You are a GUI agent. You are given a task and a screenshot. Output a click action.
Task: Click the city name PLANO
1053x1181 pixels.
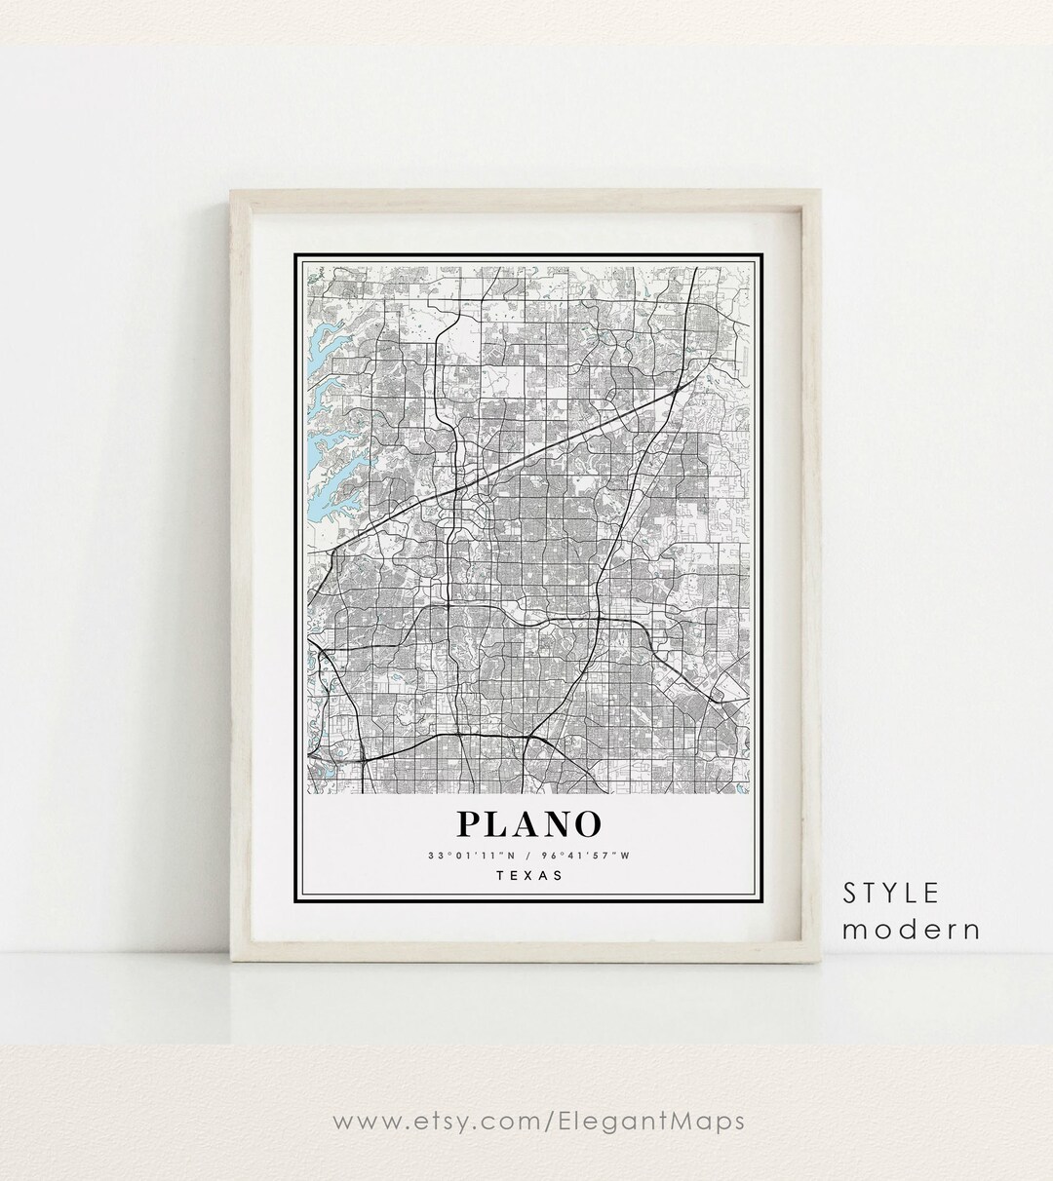pyautogui.click(x=527, y=823)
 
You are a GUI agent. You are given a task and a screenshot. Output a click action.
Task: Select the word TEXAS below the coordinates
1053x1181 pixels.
pyautogui.click(x=528, y=874)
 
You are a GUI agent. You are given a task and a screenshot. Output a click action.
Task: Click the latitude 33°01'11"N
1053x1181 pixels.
pyautogui.click(x=471, y=856)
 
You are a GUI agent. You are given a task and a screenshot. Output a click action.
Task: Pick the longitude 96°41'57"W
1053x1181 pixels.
pyautogui.click(x=585, y=856)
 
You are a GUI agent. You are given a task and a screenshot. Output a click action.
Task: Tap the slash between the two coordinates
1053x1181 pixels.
pyautogui.click(x=527, y=856)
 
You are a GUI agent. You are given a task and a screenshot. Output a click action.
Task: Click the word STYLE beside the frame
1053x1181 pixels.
pyautogui.click(x=892, y=892)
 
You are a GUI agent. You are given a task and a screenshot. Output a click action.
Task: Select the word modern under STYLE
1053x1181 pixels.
pyautogui.click(x=912, y=929)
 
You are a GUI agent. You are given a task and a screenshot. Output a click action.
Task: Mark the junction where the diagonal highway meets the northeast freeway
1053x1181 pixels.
pyautogui.click(x=677, y=392)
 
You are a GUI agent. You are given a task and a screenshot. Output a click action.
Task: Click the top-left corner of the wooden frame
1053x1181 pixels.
pyautogui.click(x=231, y=190)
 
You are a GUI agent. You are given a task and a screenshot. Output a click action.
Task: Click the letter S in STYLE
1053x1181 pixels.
pyautogui.click(x=850, y=892)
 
